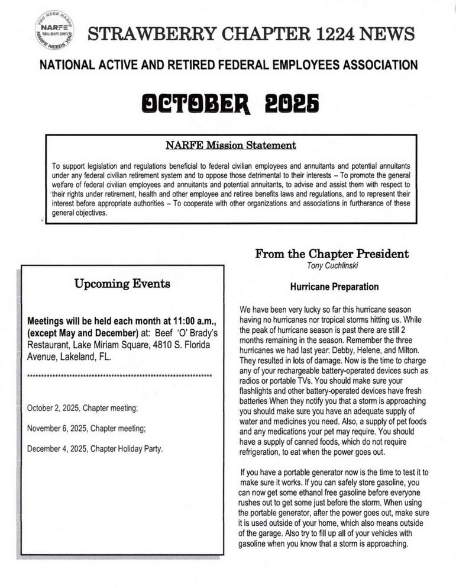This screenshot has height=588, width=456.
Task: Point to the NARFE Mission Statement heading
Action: [231, 145]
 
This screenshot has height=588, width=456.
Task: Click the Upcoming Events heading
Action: [122, 284]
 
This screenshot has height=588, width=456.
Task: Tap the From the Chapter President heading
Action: [332, 254]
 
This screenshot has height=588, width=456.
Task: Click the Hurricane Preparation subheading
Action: [334, 287]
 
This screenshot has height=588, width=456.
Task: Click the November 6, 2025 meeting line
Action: [86, 428]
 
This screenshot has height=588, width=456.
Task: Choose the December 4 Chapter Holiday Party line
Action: [95, 448]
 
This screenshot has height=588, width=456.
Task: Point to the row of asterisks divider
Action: [120, 376]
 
